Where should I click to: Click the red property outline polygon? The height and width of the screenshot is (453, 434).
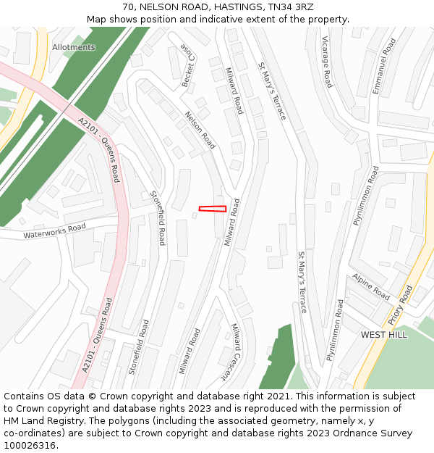click(x=213, y=209)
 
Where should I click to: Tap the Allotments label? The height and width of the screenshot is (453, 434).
click(x=74, y=47)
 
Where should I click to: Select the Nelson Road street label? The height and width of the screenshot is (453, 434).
click(x=200, y=130)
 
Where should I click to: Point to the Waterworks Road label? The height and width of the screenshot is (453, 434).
click(x=54, y=231)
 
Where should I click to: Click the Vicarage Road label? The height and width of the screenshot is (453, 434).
click(x=327, y=62)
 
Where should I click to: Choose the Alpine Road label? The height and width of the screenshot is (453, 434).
click(x=371, y=287)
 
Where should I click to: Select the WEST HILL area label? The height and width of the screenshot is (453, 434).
click(x=383, y=335)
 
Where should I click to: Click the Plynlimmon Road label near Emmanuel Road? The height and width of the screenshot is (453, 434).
click(x=367, y=196)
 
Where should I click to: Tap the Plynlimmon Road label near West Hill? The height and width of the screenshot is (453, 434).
click(x=335, y=331)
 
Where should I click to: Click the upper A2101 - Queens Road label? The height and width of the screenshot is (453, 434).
click(x=99, y=149)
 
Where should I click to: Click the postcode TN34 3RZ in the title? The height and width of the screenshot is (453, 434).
click(x=289, y=7)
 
